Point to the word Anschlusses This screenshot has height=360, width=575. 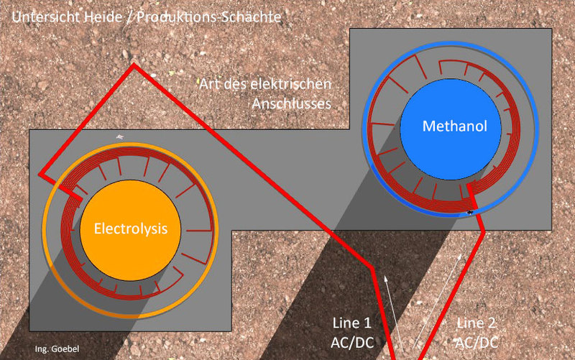pos(291,103)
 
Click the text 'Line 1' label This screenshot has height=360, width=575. pos(354,321)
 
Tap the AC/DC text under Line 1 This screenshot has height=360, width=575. pos(354,340)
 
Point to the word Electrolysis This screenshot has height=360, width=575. pos(130,229)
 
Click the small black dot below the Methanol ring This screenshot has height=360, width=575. pos(471,212)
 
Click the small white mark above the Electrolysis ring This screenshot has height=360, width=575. pos(120,137)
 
